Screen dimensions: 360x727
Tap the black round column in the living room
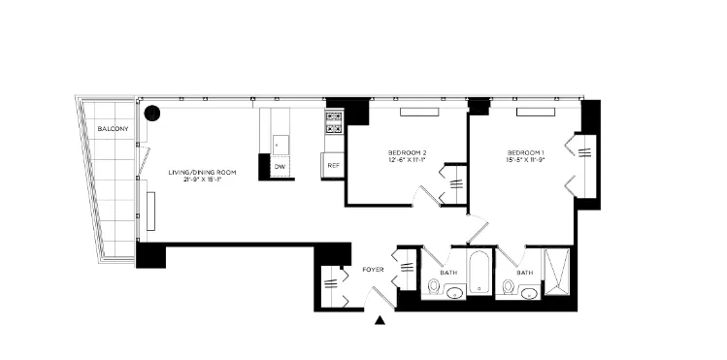point(151,114)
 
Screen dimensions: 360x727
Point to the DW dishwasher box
point(280,167)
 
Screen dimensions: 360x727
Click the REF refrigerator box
point(333,166)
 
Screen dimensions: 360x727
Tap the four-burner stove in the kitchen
point(334,121)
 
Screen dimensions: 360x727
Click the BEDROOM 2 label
point(408,152)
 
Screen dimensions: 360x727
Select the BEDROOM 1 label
point(525,152)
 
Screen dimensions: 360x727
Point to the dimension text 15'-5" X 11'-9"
point(525,162)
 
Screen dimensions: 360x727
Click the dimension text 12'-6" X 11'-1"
point(408,162)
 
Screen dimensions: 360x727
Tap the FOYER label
point(374,269)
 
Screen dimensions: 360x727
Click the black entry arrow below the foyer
point(380,320)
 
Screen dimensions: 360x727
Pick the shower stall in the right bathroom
point(556,275)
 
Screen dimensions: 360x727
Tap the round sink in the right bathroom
point(508,287)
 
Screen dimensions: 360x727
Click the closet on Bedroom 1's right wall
point(586,165)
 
